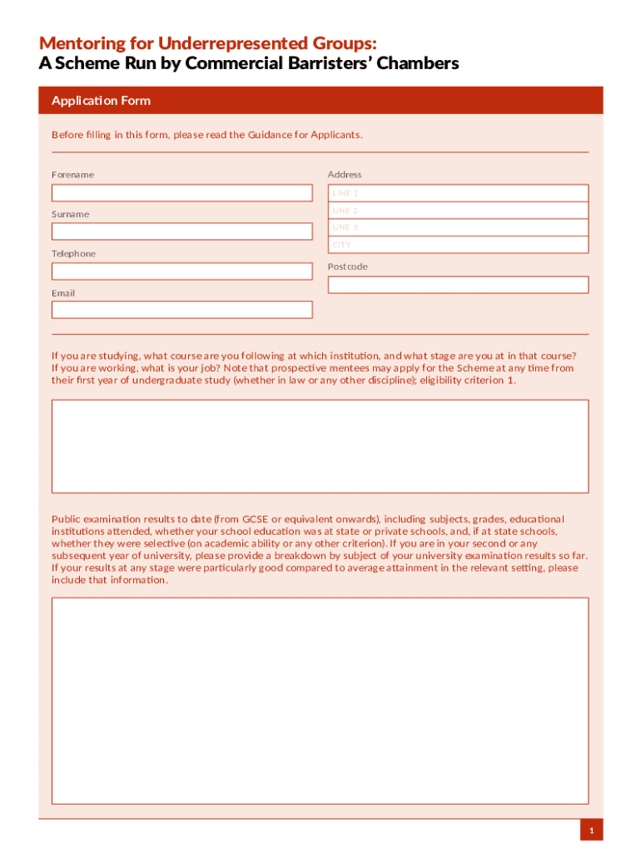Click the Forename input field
point(181,192)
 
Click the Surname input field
point(181,232)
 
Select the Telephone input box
point(181,271)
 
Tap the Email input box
point(181,310)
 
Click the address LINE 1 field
point(458,193)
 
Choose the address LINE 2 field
point(458,211)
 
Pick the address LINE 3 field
point(458,227)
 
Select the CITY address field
point(458,245)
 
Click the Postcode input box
point(458,285)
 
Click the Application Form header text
point(101,101)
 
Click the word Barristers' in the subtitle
point(322,64)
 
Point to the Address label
point(345,175)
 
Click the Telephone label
point(73,253)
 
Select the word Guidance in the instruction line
point(269,135)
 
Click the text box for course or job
point(320,446)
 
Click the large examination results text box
point(320,700)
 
